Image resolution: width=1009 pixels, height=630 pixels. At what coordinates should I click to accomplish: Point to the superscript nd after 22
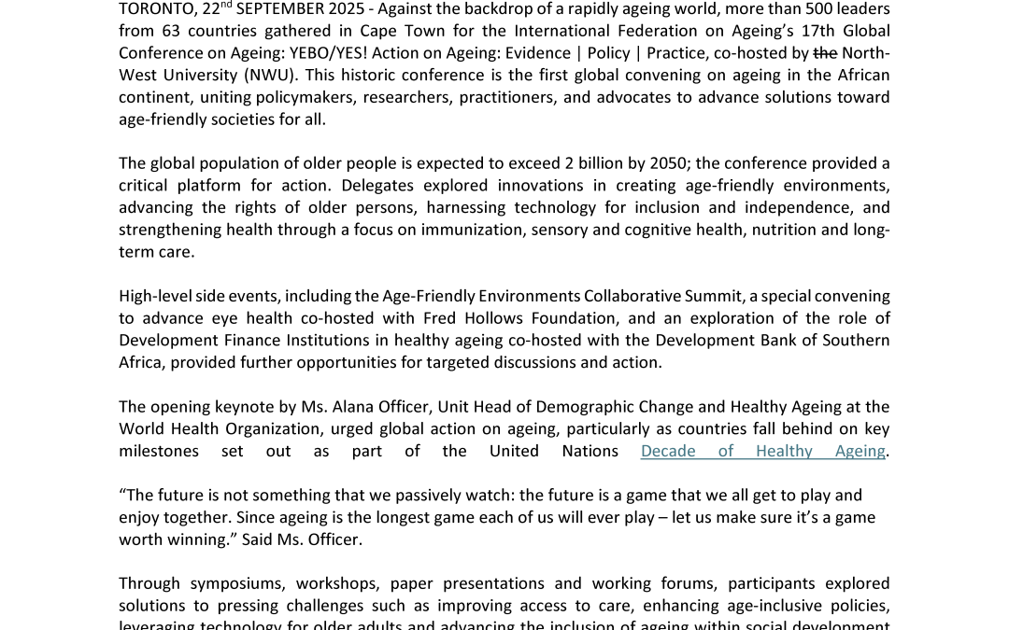point(228,5)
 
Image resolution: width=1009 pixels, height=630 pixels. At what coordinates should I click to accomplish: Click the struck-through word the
point(824,53)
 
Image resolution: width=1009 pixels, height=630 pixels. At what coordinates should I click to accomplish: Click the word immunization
point(476,230)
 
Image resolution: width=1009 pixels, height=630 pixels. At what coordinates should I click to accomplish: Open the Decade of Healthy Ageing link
point(762,452)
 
